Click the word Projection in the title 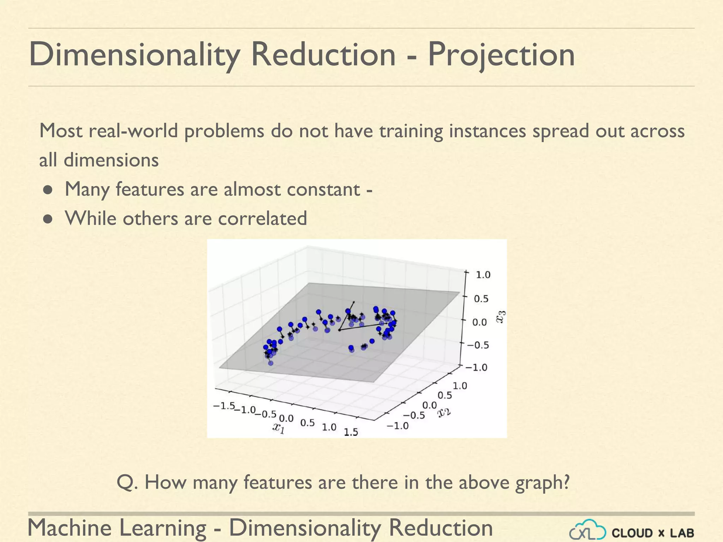pyautogui.click(x=501, y=55)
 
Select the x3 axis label pyautogui.click(x=501, y=317)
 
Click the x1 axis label pyautogui.click(x=279, y=428)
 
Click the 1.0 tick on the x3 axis pyautogui.click(x=483, y=275)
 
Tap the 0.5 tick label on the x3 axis pyautogui.click(x=481, y=299)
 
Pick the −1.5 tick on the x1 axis pyautogui.click(x=224, y=406)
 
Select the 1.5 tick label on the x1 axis pyautogui.click(x=351, y=432)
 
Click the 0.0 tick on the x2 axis pyautogui.click(x=430, y=405)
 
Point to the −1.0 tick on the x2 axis pyautogui.click(x=398, y=426)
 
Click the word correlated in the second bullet pyautogui.click(x=262, y=218)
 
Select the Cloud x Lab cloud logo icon pyautogui.click(x=587, y=530)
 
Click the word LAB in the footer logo pyautogui.click(x=682, y=533)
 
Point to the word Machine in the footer pyautogui.click(x=70, y=528)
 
